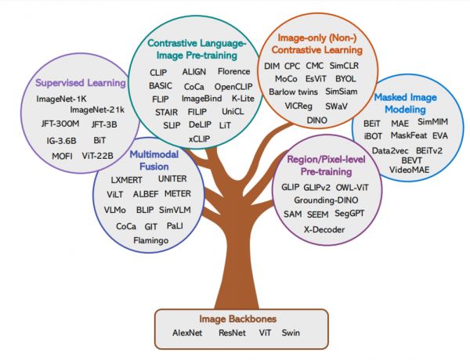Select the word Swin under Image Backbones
pos(291,333)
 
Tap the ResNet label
pos(233,333)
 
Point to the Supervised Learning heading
pos(78,82)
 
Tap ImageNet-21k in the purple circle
pos(97,110)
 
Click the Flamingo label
pos(151,240)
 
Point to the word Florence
pos(234,71)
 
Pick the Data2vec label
pos(389,149)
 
